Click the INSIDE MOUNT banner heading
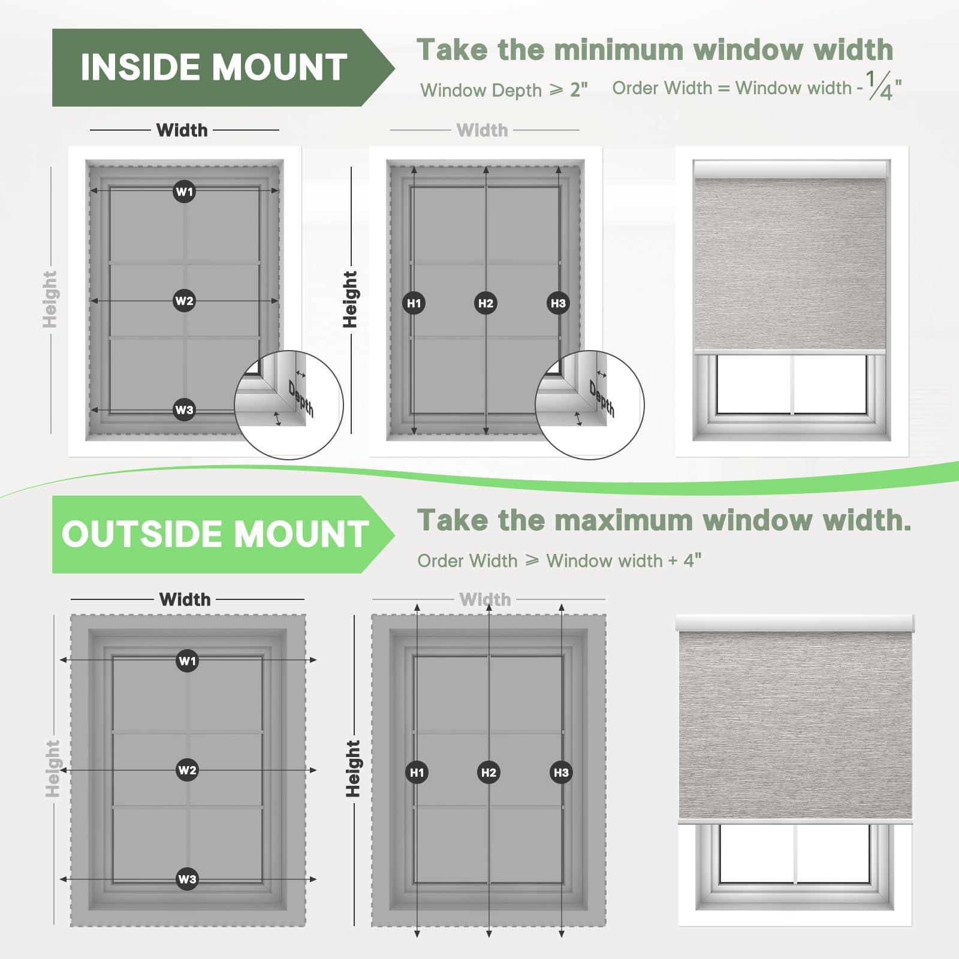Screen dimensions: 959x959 pos(214,67)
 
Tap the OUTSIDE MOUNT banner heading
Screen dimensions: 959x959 pos(215,534)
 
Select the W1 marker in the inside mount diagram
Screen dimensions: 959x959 pos(184,192)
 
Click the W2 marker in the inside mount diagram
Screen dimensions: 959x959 pos(184,301)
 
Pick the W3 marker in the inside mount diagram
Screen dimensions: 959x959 pos(184,410)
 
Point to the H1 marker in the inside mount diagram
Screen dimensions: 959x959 pos(414,303)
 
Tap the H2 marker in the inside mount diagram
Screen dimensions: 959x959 pos(485,303)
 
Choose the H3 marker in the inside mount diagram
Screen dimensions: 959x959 pos(558,303)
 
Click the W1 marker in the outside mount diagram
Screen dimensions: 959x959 pos(187,661)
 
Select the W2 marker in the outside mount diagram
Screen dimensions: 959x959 pos(187,770)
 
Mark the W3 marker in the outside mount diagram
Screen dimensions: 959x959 pos(187,879)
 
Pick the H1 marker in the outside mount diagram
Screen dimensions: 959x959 pos(417,773)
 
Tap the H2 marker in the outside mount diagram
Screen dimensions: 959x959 pos(489,773)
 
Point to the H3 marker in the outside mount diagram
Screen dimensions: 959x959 pos(561,773)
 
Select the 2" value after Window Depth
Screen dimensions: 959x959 pos(578,90)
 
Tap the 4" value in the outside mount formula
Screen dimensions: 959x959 pos(692,560)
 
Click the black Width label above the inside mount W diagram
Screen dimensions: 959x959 pos(182,130)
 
